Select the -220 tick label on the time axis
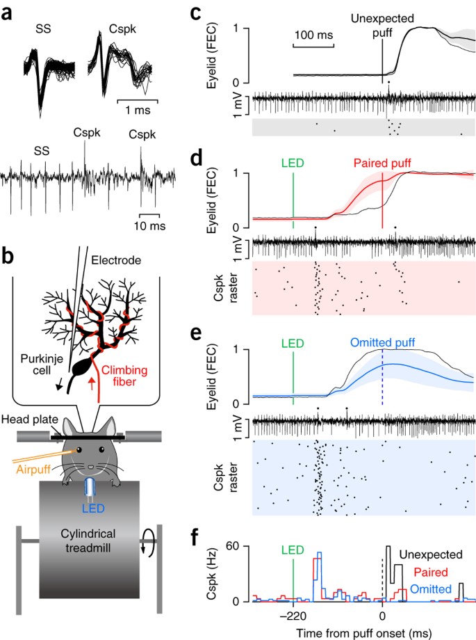click(293, 615)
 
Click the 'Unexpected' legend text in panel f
click(434, 554)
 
